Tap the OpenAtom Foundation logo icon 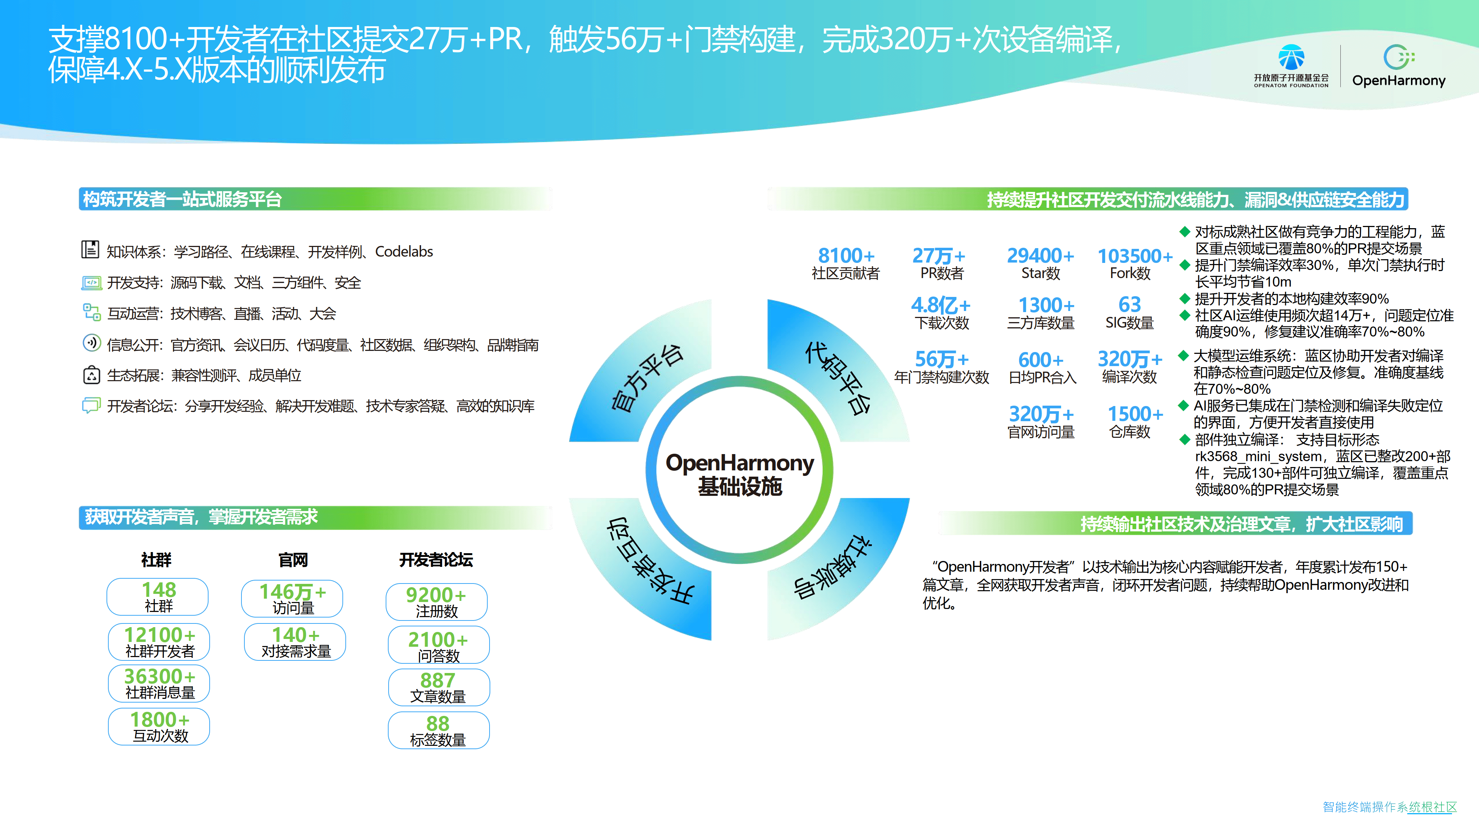pos(1291,57)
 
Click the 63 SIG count pos(1129,304)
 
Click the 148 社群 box pos(158,596)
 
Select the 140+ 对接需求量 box pos(295,642)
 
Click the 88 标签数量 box pos(438,730)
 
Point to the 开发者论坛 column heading pos(436,560)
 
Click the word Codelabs pos(404,251)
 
